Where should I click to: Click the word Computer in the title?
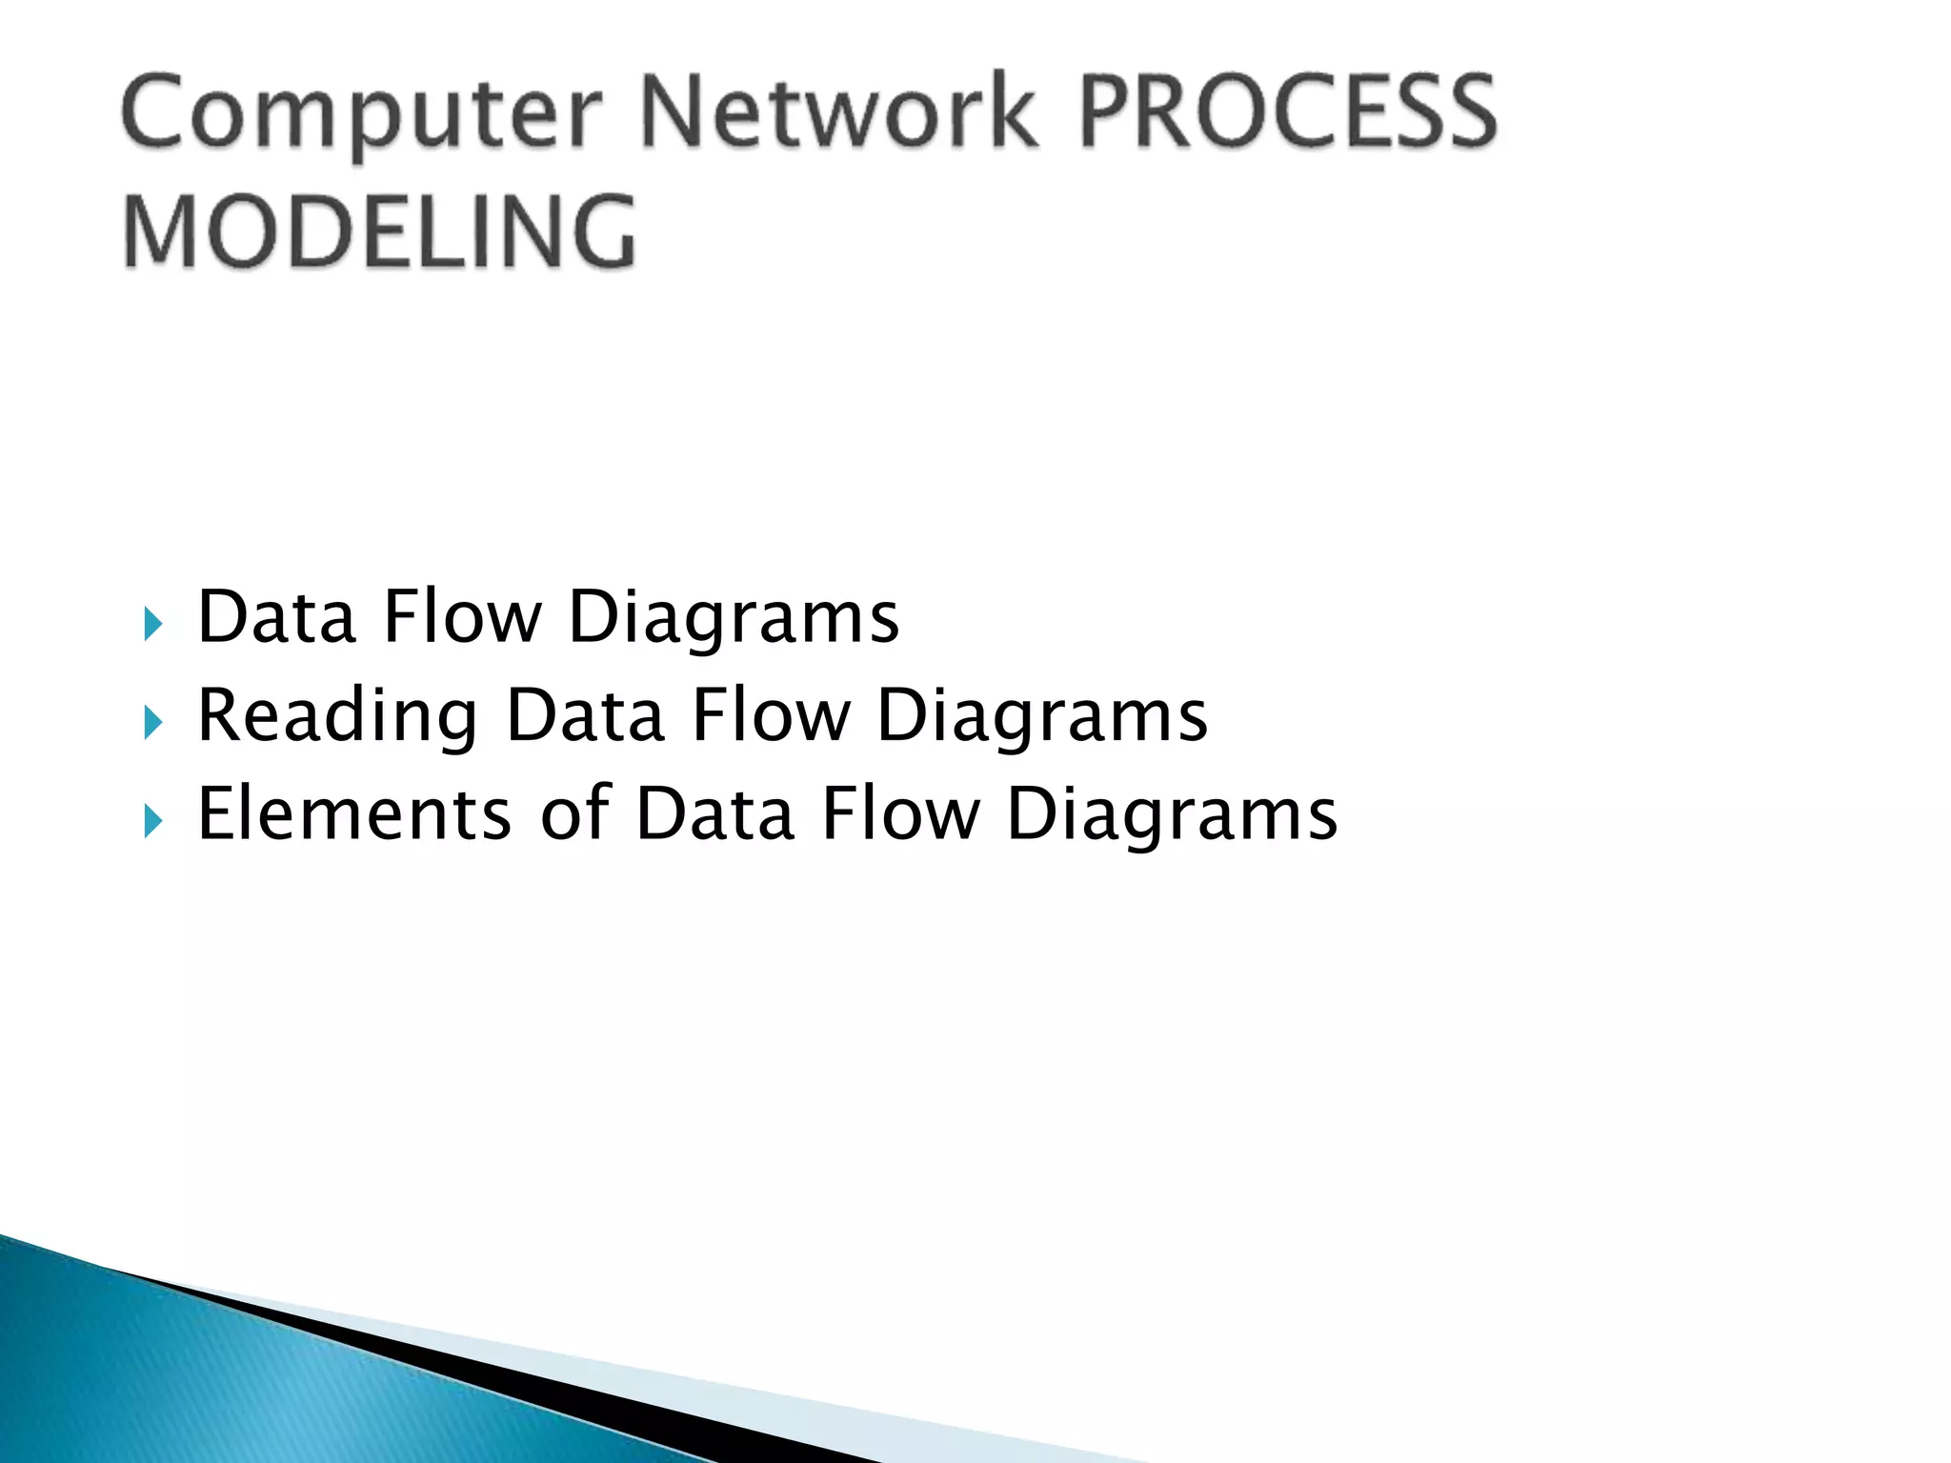click(362, 114)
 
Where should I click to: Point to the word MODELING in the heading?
click(379, 231)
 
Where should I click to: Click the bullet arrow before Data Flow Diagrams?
click(153, 625)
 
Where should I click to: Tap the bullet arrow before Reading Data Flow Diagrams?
click(153, 723)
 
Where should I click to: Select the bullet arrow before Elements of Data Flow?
click(153, 820)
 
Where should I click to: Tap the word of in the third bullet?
click(574, 813)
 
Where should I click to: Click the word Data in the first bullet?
click(276, 617)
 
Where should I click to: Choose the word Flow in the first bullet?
click(461, 617)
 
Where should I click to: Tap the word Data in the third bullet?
click(714, 813)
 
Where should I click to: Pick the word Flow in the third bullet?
click(900, 813)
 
